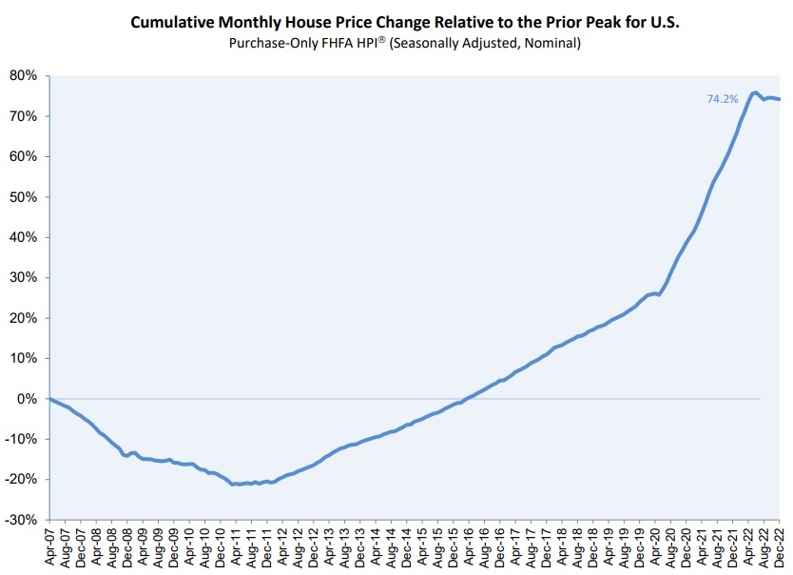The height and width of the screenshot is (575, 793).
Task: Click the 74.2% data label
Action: click(722, 98)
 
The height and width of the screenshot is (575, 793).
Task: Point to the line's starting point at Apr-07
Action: click(49, 399)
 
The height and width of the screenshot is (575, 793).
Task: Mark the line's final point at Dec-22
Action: click(781, 99)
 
